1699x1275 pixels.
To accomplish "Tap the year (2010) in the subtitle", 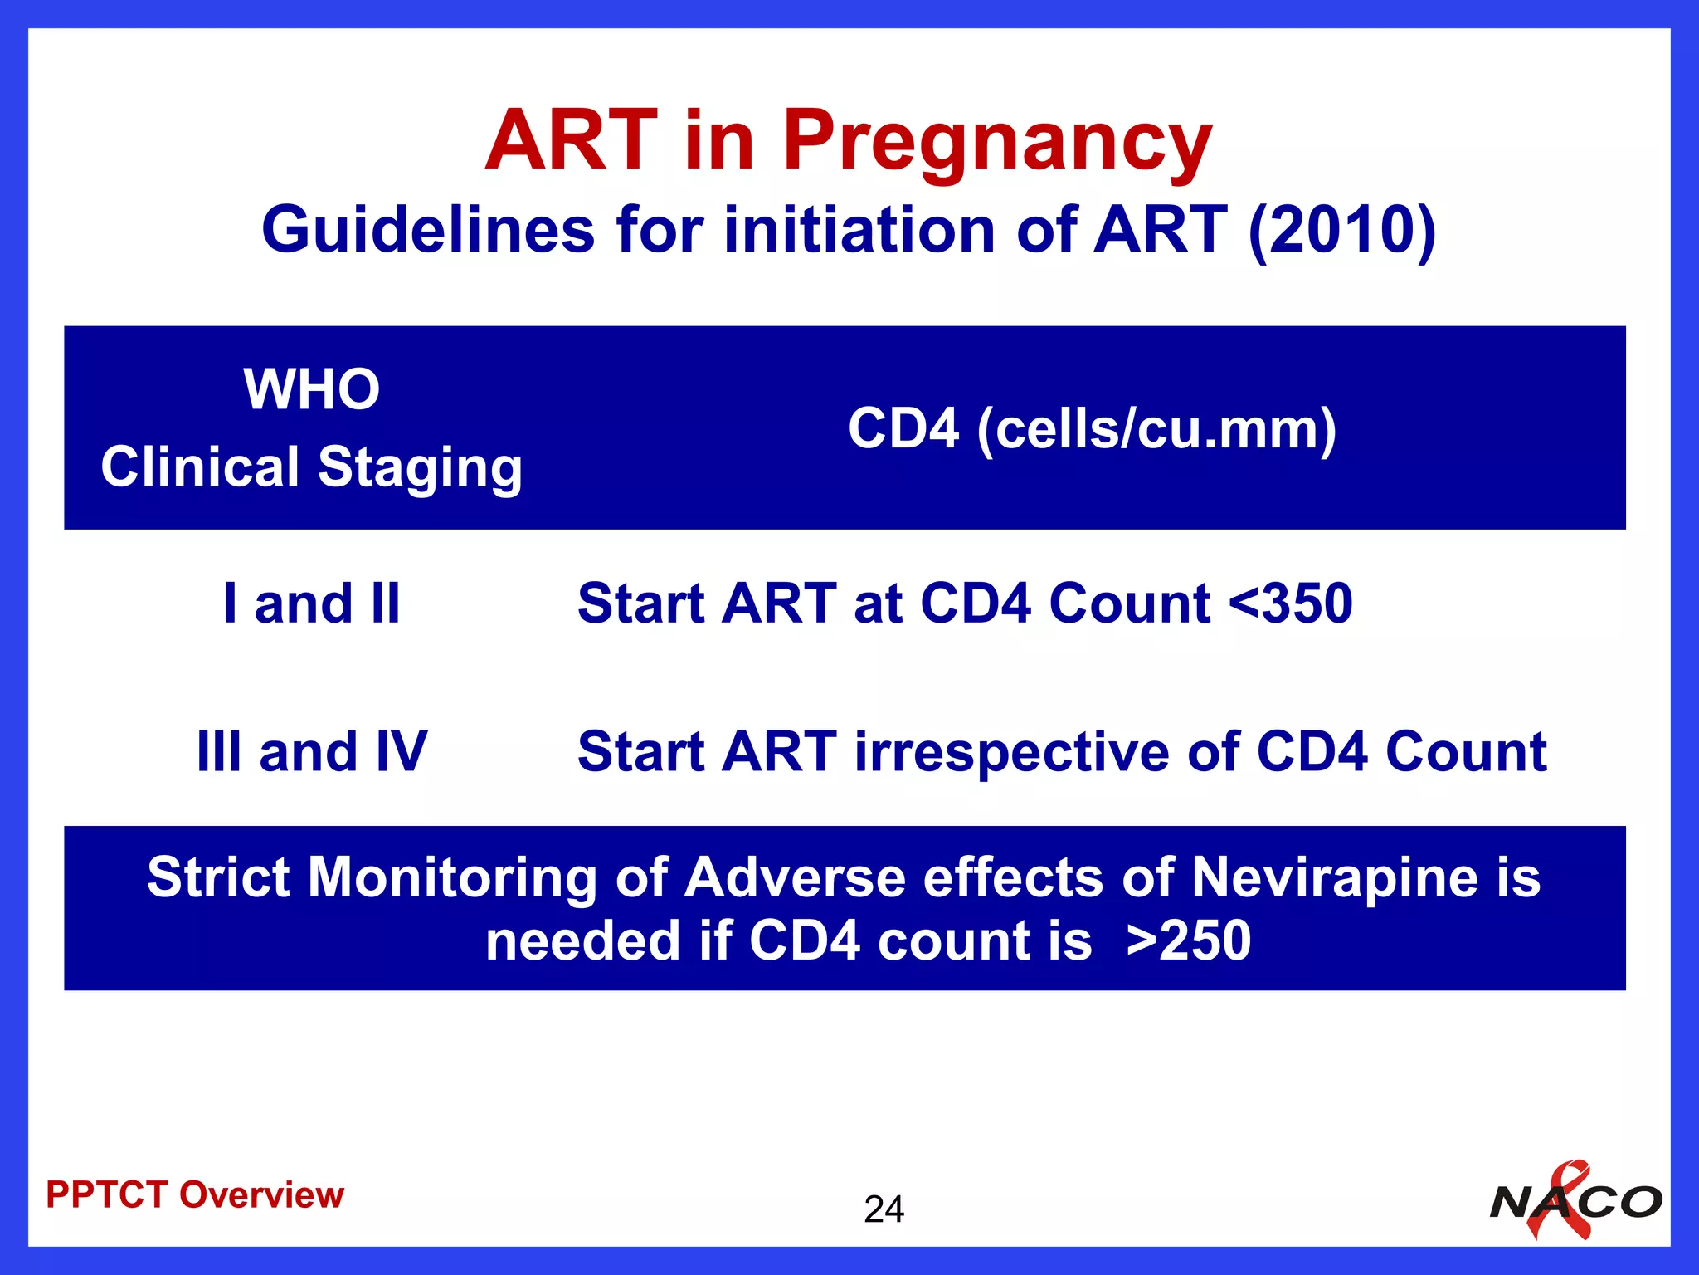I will (x=1342, y=230).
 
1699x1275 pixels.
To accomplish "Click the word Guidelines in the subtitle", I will (x=428, y=230).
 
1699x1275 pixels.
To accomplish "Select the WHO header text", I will (x=312, y=389).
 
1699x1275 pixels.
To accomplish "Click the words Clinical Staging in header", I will (x=312, y=467).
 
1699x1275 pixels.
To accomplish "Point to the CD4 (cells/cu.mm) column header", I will (x=1092, y=429).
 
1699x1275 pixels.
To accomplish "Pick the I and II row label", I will (x=312, y=603).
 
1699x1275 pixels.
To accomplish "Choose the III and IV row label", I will (x=312, y=752).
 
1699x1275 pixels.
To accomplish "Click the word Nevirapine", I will (x=1336, y=877).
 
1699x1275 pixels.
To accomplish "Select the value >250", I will (x=1190, y=941).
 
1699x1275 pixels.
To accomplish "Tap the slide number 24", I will (x=884, y=1209).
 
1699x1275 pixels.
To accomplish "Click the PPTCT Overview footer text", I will (x=195, y=1195).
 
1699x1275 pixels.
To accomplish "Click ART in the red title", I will (x=572, y=141).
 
